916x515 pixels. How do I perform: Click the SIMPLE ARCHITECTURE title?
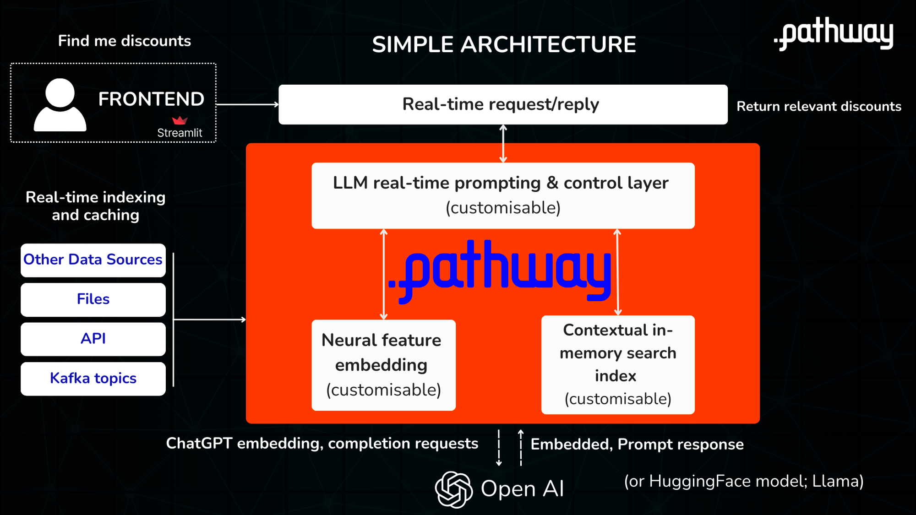504,44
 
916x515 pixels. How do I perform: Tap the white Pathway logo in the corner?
834,33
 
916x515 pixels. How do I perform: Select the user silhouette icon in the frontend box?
60,105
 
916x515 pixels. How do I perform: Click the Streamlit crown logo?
180,120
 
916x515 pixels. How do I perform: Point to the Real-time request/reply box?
502,104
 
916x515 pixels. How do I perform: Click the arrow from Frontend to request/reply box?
247,104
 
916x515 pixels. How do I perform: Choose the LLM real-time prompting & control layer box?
503,195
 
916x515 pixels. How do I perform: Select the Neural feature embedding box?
383,365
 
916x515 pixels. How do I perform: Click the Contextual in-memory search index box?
617,364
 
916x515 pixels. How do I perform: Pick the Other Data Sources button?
93,260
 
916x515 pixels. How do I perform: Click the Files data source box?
93,299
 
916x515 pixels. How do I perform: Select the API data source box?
93,339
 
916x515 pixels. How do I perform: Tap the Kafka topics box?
93,379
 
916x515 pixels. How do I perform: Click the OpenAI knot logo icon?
453,489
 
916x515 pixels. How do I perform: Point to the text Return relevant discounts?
818,107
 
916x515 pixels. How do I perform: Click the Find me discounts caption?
124,41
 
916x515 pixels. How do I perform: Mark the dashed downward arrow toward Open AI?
499,448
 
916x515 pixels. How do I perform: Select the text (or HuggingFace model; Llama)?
743,481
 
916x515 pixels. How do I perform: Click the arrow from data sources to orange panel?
210,320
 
